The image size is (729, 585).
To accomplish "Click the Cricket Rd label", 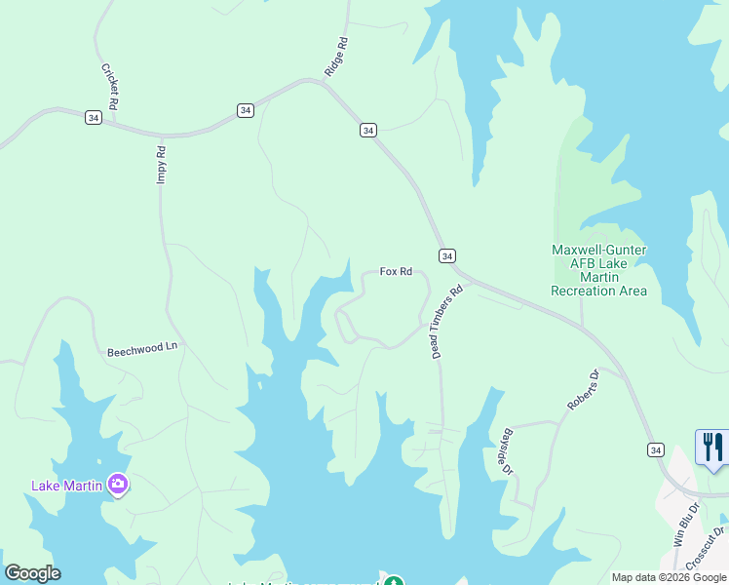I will coord(111,86).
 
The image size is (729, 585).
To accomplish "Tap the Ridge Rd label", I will coord(336,57).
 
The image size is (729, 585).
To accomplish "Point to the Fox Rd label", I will coord(396,272).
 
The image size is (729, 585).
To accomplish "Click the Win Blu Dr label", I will coord(680,523).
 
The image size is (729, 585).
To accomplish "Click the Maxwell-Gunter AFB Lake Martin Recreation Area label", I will coord(598,270).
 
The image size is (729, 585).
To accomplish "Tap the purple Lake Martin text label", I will coord(67,486).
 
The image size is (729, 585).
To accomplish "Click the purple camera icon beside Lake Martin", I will coord(118,484).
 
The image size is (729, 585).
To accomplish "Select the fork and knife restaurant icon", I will coord(712,448).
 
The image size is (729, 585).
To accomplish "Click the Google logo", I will coord(32,573).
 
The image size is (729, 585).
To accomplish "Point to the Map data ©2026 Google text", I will coord(670,577).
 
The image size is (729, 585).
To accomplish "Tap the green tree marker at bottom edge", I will coord(393,582).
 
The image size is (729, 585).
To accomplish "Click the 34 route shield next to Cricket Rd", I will coord(94,117).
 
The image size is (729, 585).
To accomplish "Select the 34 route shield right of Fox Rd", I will coord(446,255).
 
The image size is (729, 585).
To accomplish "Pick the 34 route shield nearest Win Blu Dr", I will coord(656,449).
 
